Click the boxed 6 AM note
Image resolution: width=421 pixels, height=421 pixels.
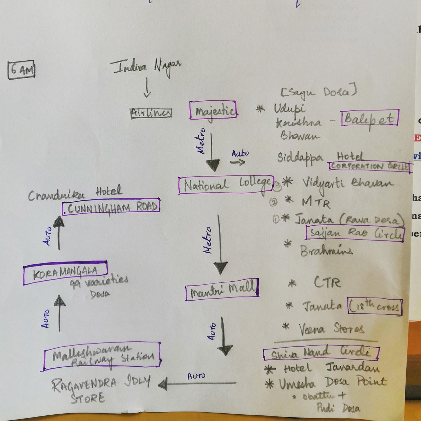[x=21, y=69]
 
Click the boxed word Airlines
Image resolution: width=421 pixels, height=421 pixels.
[x=151, y=113]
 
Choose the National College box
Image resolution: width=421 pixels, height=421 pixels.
[x=226, y=185]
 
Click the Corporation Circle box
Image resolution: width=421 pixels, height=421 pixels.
[x=369, y=167]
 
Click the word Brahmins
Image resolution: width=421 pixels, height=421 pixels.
[x=326, y=250]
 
